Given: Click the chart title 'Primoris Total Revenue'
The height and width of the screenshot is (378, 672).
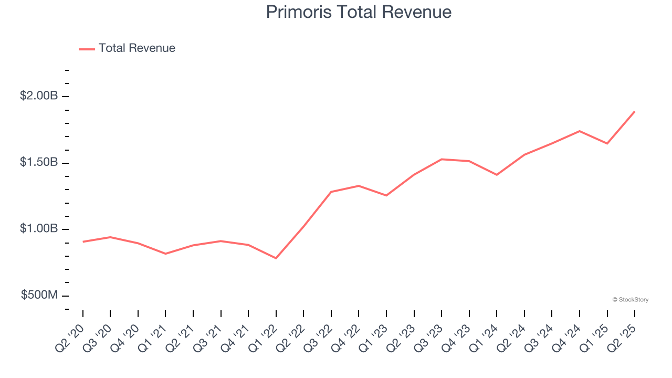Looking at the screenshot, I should tap(359, 12).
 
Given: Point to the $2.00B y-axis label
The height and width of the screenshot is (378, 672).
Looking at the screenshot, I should tap(39, 96).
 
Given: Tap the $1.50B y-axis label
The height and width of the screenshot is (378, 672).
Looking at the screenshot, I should tap(39, 162).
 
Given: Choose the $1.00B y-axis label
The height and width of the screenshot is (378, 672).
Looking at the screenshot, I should tap(39, 229).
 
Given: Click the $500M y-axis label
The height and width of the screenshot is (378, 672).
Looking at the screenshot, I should tap(39, 295).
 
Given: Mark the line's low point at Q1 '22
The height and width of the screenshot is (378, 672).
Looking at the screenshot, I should tap(276, 258).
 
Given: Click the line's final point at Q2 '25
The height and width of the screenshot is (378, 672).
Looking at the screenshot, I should tap(635, 111).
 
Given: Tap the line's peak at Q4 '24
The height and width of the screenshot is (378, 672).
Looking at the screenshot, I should tap(580, 131).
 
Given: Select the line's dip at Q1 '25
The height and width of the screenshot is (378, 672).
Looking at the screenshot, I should tap(607, 143).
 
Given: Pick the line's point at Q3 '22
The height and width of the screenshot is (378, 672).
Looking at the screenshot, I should tap(331, 192).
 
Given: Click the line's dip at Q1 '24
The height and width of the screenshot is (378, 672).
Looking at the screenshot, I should tap(497, 175).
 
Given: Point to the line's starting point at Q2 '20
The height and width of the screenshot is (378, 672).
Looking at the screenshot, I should tap(83, 241).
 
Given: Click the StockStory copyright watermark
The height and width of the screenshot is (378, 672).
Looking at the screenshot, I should tap(630, 300).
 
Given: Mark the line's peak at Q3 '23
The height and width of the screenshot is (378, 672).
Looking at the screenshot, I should tap(442, 159).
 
